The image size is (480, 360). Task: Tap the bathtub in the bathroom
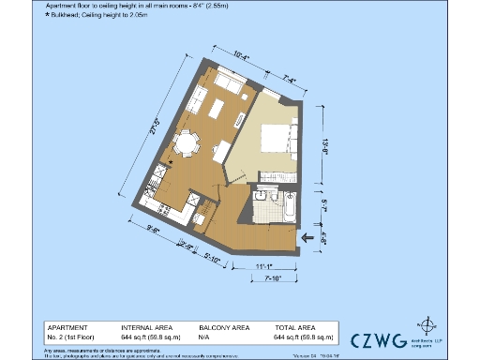288,207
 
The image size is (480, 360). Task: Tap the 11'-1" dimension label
263,267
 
